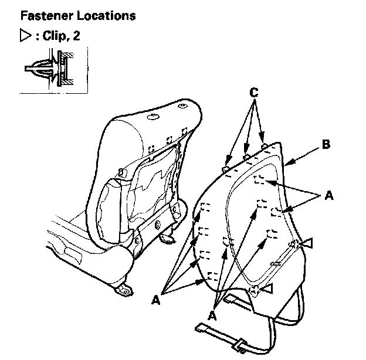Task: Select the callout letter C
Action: click(x=253, y=93)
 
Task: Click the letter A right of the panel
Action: click(x=328, y=197)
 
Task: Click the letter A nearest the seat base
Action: click(x=157, y=299)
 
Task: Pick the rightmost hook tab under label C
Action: click(x=265, y=144)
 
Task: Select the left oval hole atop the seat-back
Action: click(x=151, y=118)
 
